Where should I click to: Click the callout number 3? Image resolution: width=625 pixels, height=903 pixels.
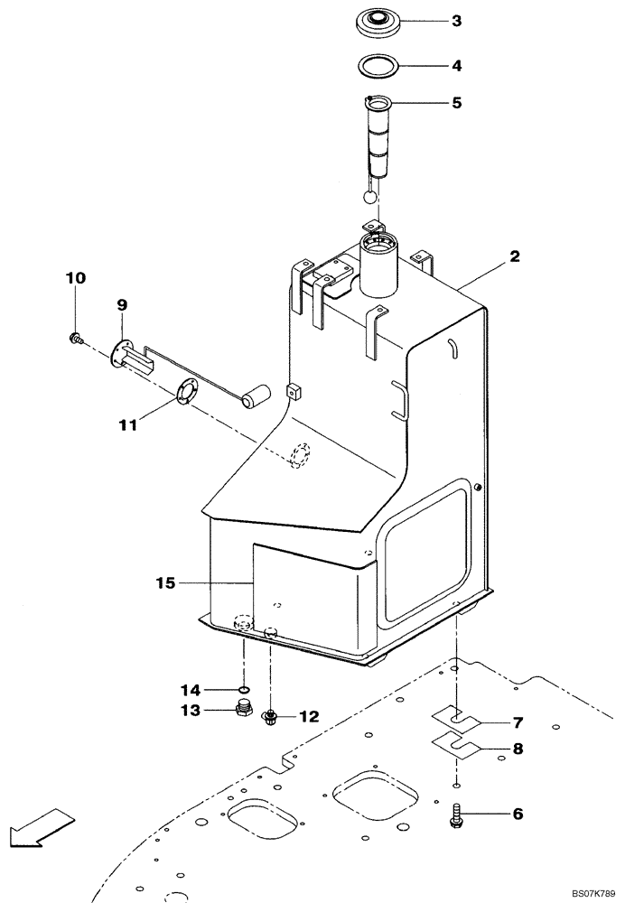point(457,20)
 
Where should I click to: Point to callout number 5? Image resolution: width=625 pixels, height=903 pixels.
point(457,103)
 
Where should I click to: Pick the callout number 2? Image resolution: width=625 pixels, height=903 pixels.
point(514,256)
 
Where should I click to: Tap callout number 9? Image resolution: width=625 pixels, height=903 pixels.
point(121,305)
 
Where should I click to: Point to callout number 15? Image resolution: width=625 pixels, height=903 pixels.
point(163,583)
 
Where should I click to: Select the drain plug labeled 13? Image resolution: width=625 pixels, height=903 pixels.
point(242,709)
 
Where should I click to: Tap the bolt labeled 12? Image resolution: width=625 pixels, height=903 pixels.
point(270,718)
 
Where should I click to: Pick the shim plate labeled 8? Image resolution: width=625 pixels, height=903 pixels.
point(457,745)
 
